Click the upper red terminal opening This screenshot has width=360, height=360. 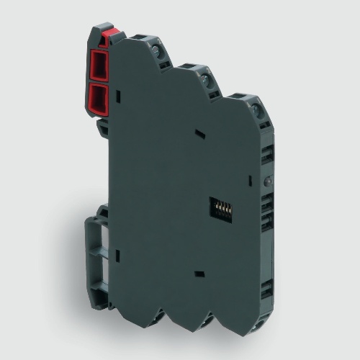99,66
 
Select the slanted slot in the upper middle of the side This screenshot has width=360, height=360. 199,134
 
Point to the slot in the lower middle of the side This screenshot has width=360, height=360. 199,274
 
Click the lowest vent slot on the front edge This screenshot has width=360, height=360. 267,288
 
